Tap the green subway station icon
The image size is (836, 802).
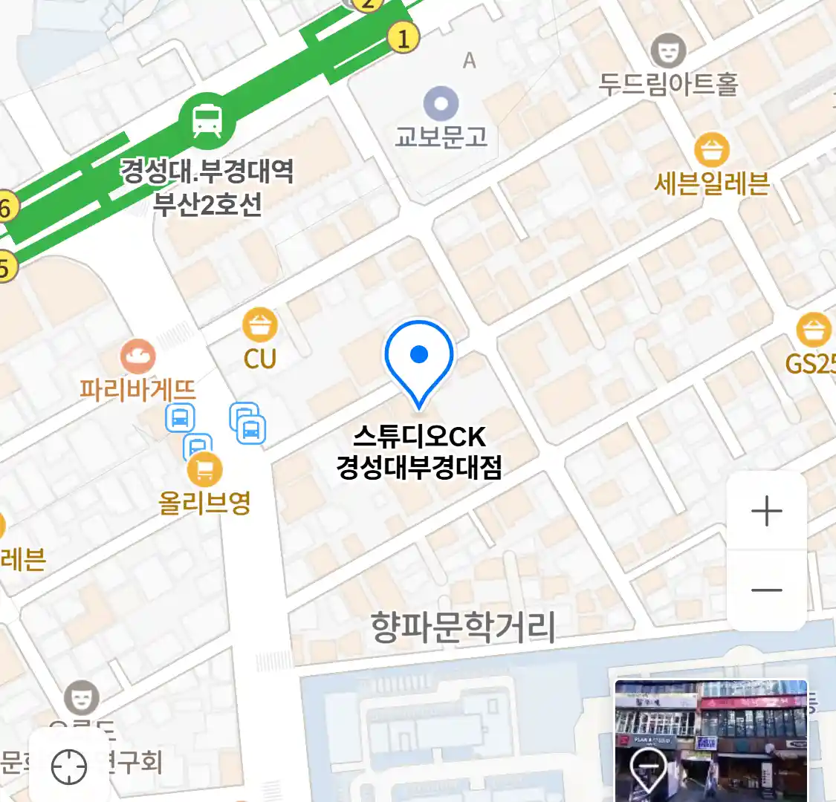[x=207, y=121]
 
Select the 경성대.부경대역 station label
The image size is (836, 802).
[x=207, y=172]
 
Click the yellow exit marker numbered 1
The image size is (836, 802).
[x=404, y=37]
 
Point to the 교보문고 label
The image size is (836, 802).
[x=441, y=137]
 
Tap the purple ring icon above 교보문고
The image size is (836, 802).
[x=441, y=102]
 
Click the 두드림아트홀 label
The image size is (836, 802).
[x=668, y=84]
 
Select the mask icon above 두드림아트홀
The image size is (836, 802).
[x=668, y=50]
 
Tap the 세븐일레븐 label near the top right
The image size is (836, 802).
[x=711, y=183]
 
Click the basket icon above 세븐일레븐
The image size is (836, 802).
[x=712, y=151]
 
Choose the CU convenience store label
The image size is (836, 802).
[x=260, y=359]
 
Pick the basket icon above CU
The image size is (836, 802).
[x=260, y=325]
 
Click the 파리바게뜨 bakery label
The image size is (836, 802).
[x=137, y=389]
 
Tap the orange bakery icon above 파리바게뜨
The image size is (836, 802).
[x=137, y=356]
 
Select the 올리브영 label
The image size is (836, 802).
[x=204, y=503]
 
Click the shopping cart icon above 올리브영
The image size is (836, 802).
[x=204, y=469]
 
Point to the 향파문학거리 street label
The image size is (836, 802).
[x=463, y=627]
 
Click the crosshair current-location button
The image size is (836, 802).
[x=69, y=766]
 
